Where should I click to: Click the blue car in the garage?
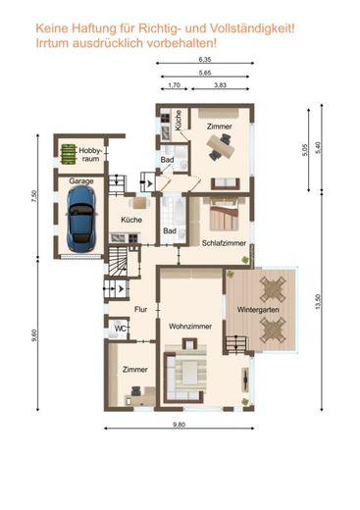[81, 219]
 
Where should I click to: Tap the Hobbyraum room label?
[90, 155]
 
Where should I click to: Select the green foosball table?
[69, 154]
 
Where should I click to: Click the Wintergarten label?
[258, 309]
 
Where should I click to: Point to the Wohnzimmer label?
[190, 327]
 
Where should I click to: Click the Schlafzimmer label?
[224, 243]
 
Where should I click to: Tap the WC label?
[120, 329]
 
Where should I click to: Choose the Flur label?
[141, 309]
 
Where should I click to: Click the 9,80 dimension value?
[179, 425]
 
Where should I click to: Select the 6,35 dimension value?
[205, 60]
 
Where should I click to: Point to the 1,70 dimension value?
[175, 85]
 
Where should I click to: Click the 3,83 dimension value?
[220, 85]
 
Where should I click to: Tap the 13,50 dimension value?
[318, 302]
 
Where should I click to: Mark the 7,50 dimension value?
[34, 196]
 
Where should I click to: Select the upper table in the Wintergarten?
[273, 289]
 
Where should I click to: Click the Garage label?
[81, 181]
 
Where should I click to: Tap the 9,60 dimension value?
[34, 335]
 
